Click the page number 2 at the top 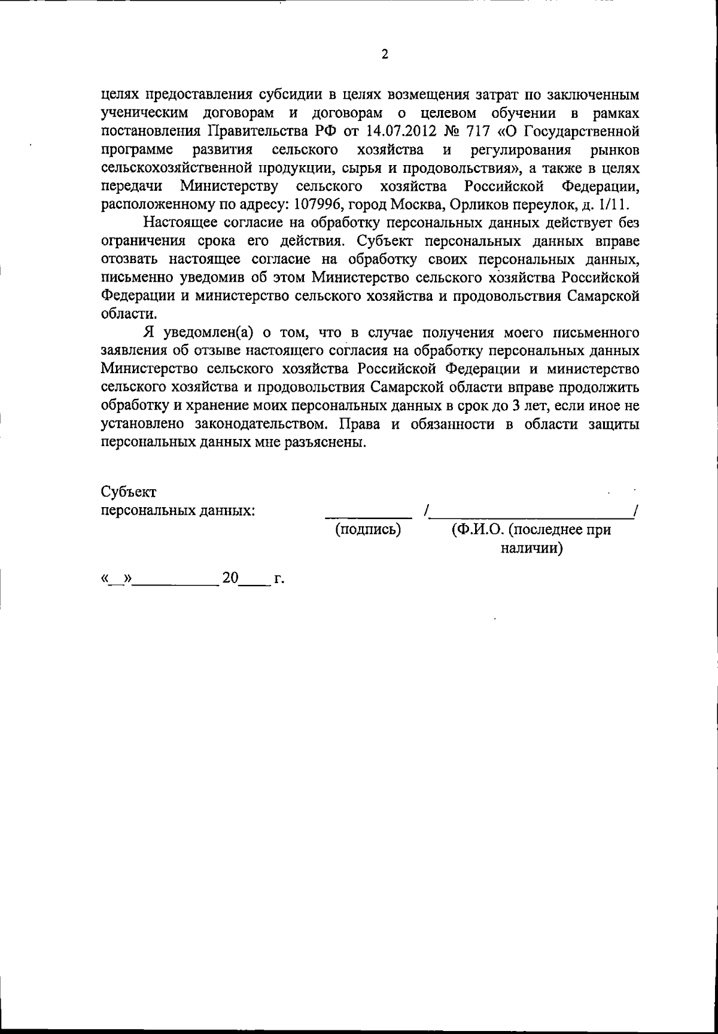(385, 54)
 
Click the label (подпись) (368, 529)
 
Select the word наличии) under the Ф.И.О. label (531, 548)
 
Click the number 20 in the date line (230, 578)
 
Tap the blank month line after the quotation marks (175, 584)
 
